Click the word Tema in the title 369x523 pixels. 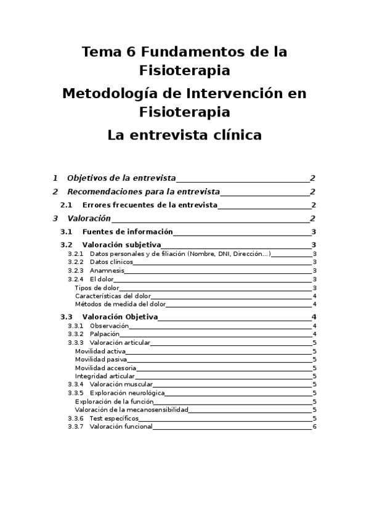coord(102,52)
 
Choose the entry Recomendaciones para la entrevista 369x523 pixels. coord(143,191)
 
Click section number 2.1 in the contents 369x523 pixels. coord(67,205)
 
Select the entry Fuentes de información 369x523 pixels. coord(127,232)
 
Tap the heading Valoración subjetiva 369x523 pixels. coord(121,245)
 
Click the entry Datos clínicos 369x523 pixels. coord(111,262)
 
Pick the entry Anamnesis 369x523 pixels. coord(107,270)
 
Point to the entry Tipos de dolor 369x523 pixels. coord(97,287)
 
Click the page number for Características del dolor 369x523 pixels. coord(314,295)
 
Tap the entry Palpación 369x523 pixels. coord(104,334)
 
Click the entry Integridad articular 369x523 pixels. coord(105,376)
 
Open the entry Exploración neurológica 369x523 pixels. coord(126,392)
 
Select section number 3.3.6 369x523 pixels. coord(75,418)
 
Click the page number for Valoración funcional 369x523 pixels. coord(314,426)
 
